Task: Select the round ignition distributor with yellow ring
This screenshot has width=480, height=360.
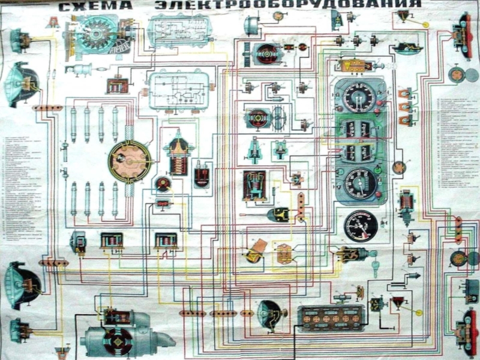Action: click(129, 161)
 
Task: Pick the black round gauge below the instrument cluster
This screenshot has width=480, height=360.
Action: click(360, 226)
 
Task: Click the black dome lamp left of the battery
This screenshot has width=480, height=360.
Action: click(268, 314)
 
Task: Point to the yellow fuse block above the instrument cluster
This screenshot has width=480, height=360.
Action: click(354, 65)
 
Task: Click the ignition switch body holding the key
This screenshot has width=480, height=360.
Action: click(352, 254)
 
